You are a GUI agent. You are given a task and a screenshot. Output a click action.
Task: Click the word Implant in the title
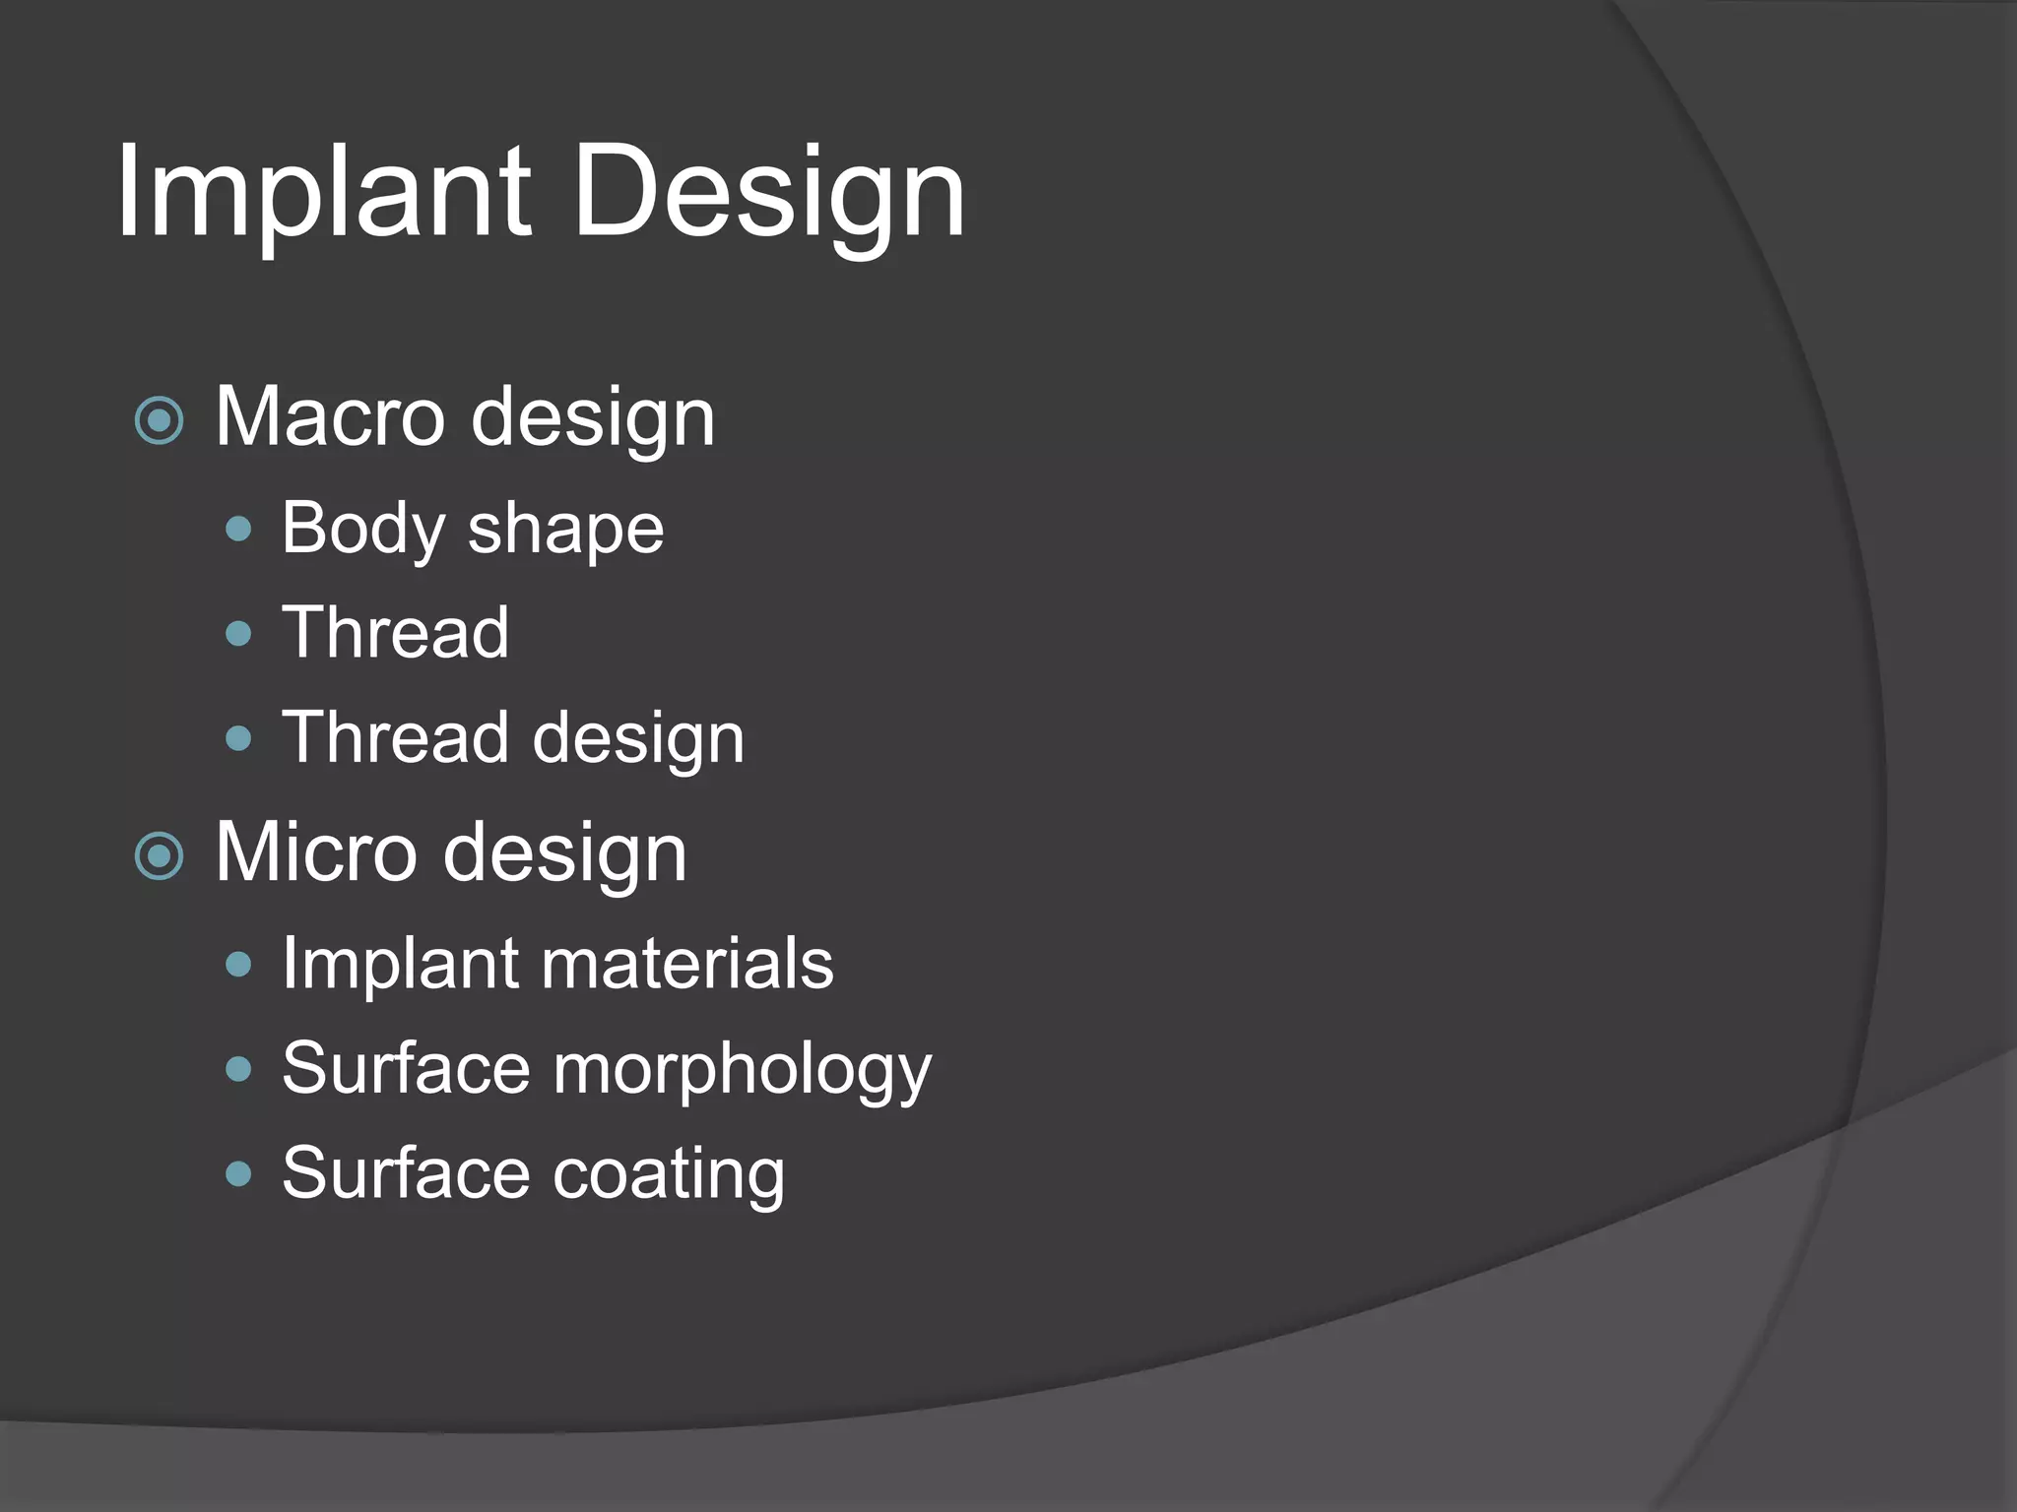pyautogui.click(x=323, y=192)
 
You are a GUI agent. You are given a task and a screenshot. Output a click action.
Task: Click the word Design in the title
pyautogui.click(x=767, y=192)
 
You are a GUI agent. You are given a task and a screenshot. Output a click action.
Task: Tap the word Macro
pyautogui.click(x=330, y=417)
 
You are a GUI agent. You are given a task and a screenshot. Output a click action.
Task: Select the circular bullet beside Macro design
pyautogui.click(x=159, y=421)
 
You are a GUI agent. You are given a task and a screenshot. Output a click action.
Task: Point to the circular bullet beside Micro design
pyautogui.click(x=159, y=856)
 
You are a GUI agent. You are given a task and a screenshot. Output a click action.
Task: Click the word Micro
pyautogui.click(x=315, y=852)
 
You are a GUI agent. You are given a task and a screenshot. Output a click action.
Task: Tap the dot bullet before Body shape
pyautogui.click(x=238, y=531)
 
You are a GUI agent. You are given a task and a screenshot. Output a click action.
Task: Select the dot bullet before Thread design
pyautogui.click(x=238, y=738)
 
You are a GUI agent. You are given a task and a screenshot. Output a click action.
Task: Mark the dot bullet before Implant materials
pyautogui.click(x=238, y=965)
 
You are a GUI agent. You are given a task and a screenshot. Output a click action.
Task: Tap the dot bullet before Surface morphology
pyautogui.click(x=238, y=1069)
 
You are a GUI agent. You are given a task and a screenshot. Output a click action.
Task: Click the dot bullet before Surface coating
pyautogui.click(x=238, y=1173)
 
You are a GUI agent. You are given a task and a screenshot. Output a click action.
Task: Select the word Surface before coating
pyautogui.click(x=407, y=1173)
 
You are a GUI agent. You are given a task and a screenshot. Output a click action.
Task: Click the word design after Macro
pyautogui.click(x=593, y=419)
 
